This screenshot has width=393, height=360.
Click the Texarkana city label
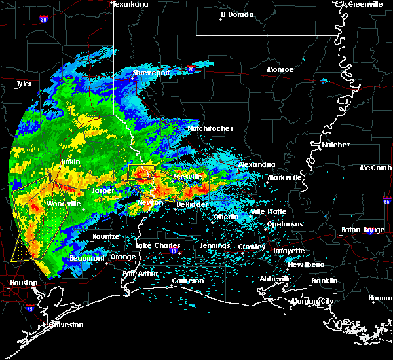(131, 4)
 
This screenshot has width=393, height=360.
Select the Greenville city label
(365, 4)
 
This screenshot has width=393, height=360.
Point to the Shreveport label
(151, 73)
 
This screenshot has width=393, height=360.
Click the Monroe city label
(280, 69)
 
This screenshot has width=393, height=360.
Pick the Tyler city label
(24, 84)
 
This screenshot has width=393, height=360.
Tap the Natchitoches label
(210, 129)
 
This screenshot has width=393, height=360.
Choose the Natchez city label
(335, 144)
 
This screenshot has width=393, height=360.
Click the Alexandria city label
(256, 164)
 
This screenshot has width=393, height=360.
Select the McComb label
(376, 168)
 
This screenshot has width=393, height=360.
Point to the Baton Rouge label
(363, 230)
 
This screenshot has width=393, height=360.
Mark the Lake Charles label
(157, 245)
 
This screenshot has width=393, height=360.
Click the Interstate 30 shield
(44, 20)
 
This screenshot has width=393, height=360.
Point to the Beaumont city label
(87, 258)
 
